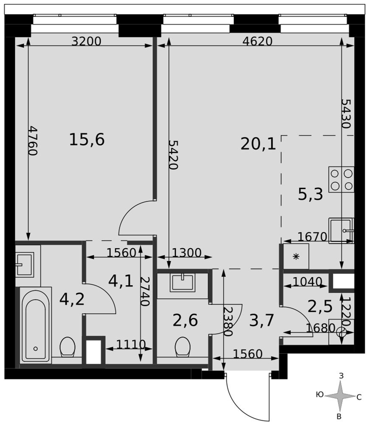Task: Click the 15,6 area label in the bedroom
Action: click(x=87, y=139)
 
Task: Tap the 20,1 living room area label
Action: click(x=258, y=144)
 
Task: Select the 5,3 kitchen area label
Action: click(x=310, y=194)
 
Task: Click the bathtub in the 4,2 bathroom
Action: click(x=36, y=325)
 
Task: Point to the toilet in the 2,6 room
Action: click(x=183, y=347)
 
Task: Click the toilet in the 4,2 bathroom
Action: click(x=68, y=347)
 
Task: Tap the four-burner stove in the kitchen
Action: click(x=341, y=179)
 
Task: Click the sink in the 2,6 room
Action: click(x=183, y=283)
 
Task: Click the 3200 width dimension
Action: click(x=86, y=41)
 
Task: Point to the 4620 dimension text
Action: click(x=257, y=41)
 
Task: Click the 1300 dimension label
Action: click(x=186, y=253)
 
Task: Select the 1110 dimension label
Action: click(x=131, y=345)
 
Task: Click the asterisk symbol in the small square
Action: click(x=296, y=256)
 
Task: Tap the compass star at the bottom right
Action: click(x=340, y=396)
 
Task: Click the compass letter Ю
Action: click(x=320, y=395)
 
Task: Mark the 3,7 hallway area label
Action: click(x=262, y=320)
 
